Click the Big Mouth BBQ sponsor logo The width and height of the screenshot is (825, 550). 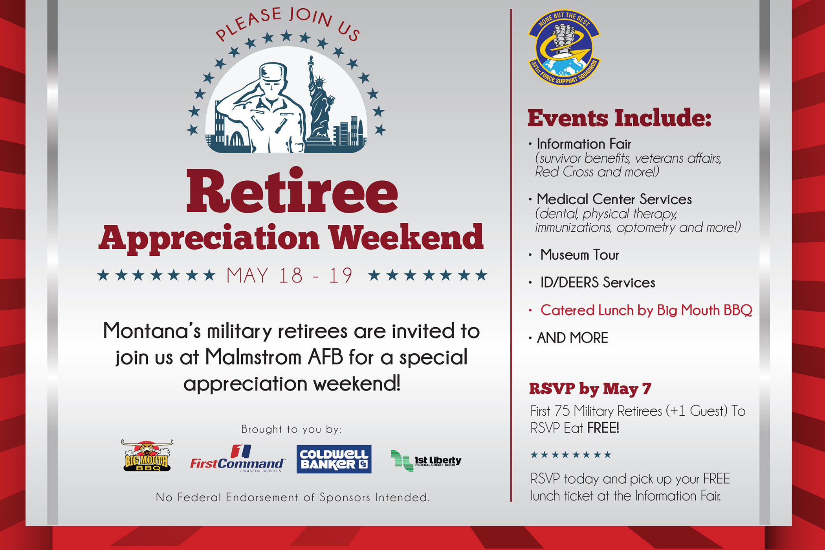[147, 456]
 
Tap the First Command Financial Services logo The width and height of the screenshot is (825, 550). [237, 459]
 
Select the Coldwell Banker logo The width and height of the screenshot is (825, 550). [334, 459]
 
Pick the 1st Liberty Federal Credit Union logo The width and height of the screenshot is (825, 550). [426, 460]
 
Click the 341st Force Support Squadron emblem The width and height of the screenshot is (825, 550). [564, 48]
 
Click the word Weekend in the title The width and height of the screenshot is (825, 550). [405, 238]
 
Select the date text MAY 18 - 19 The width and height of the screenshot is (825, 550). [290, 275]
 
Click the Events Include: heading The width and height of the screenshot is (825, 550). [619, 118]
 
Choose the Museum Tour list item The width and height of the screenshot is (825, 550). [579, 255]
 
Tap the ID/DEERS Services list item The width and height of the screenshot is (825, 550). [598, 282]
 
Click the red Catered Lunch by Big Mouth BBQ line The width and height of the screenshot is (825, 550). [646, 310]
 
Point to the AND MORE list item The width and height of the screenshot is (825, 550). [572, 338]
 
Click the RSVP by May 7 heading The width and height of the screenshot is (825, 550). [590, 389]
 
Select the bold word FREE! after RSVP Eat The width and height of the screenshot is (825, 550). [603, 428]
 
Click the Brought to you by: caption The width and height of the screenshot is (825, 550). [291, 429]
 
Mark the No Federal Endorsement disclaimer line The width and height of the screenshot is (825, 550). [293, 497]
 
